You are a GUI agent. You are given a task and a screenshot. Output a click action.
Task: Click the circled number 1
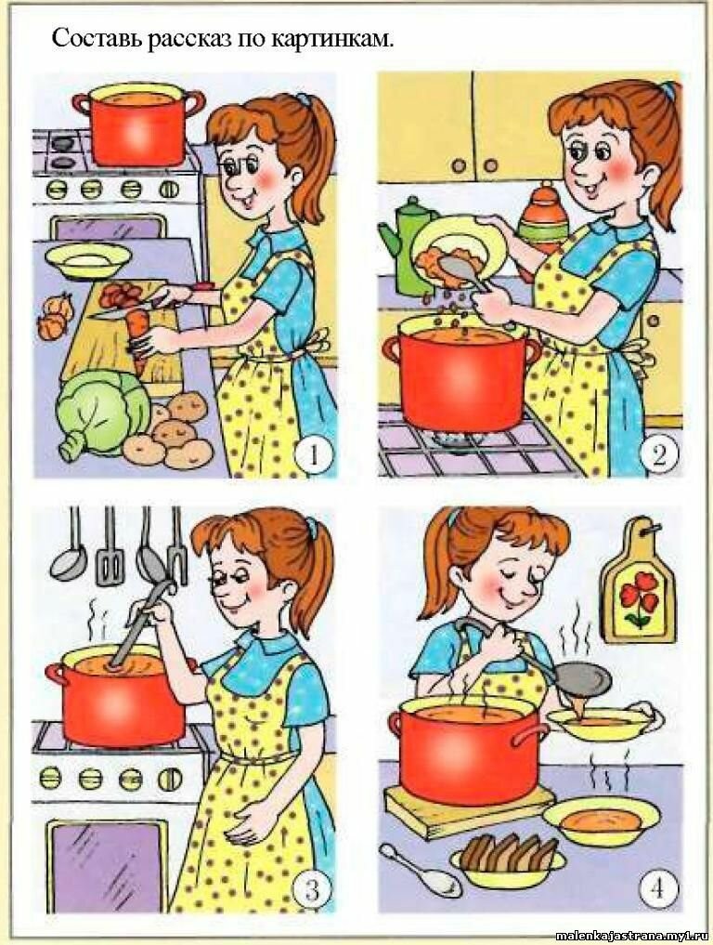coord(314,455)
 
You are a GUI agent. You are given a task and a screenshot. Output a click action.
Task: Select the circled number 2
coord(658,455)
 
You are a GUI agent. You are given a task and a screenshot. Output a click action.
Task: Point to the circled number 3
coord(311,887)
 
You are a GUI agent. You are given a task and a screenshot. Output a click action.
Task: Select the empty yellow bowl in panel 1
coord(88,258)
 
